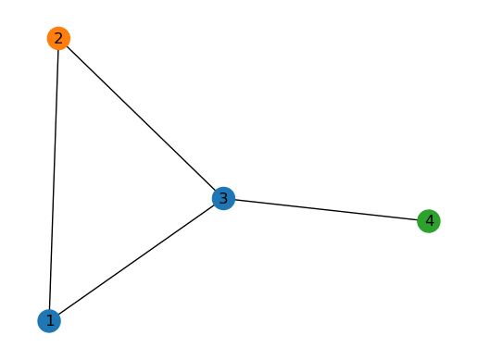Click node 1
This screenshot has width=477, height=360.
[49, 320]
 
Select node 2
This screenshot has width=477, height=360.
[58, 38]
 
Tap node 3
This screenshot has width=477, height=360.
[223, 198]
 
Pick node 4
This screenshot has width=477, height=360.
[428, 221]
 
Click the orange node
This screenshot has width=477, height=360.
[58, 38]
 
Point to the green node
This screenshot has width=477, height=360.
[428, 221]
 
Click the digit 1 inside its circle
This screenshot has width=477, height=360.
[49, 320]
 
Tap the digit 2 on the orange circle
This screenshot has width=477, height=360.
[58, 38]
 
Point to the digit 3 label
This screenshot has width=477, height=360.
[223, 198]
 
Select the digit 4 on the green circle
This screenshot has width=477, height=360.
[428, 221]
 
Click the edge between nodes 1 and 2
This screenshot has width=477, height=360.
[54, 180]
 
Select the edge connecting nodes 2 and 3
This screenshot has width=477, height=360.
[141, 118]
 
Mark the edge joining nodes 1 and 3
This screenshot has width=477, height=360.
[136, 259]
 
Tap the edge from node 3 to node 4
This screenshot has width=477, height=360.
[325, 209]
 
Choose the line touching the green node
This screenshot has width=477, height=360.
[325, 209]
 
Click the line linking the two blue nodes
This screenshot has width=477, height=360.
[136, 259]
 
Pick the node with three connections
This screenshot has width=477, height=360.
[223, 198]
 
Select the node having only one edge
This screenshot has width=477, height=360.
[428, 221]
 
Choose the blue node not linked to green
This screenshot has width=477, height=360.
[49, 320]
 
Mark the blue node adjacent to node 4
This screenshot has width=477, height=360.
[223, 198]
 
